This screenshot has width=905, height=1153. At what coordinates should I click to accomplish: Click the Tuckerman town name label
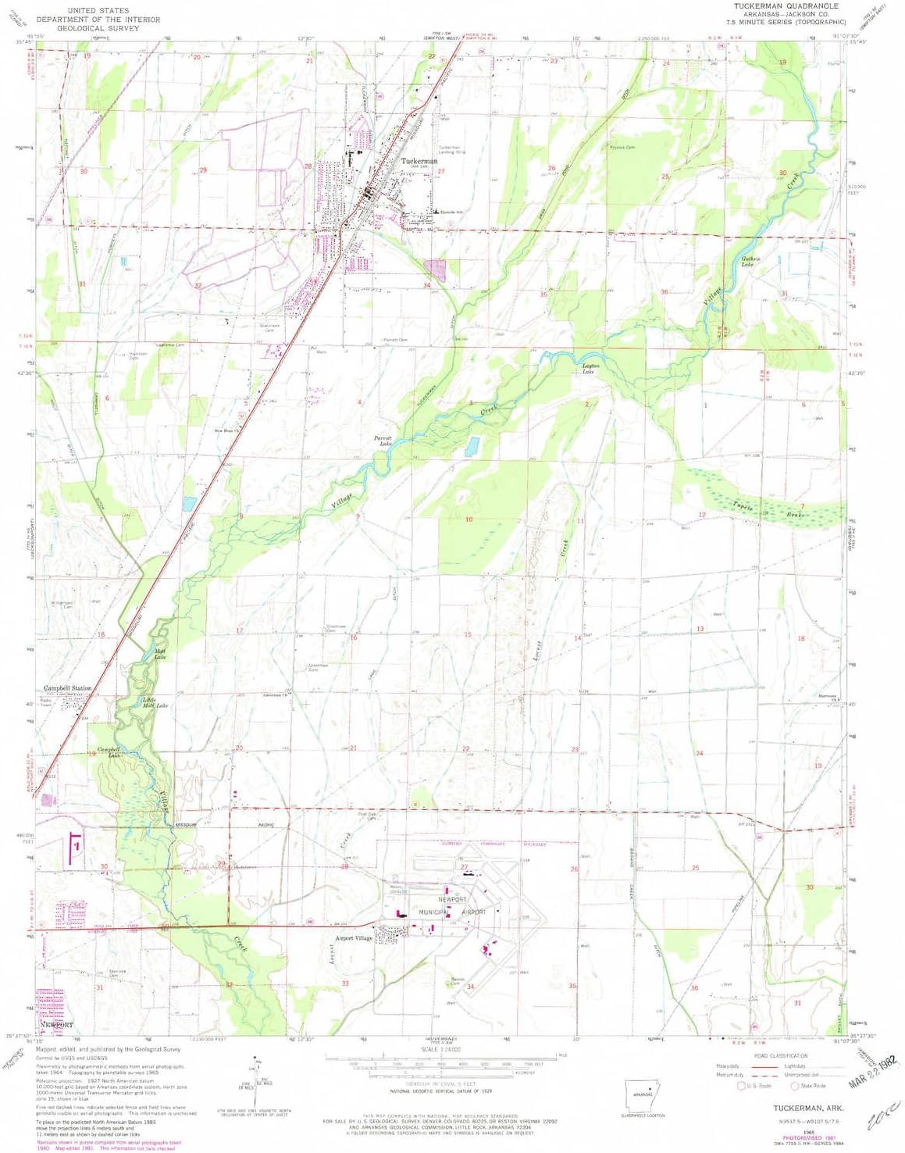[x=419, y=161]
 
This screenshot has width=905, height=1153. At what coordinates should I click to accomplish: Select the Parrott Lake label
[x=382, y=441]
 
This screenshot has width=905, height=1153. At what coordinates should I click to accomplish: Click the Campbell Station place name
[x=67, y=688]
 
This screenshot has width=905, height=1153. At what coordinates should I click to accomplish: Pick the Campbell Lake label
[x=109, y=752]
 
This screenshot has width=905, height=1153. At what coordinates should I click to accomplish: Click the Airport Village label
[x=354, y=938]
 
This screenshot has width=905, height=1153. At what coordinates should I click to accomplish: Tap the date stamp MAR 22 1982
[x=873, y=1074]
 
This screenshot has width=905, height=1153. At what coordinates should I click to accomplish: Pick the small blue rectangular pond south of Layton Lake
[x=472, y=446]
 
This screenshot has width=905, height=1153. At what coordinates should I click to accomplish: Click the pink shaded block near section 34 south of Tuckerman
[x=434, y=270]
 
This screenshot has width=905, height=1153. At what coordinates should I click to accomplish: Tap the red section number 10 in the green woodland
[x=469, y=519]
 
